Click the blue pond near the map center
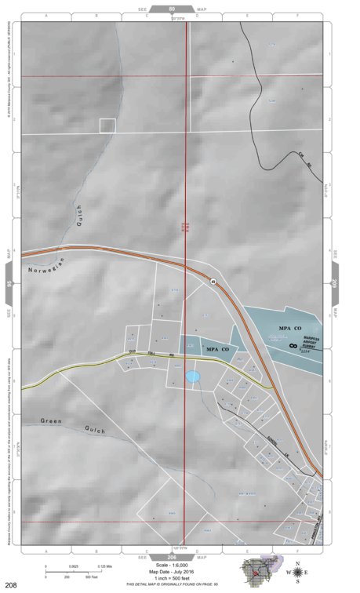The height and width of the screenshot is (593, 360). pyautogui.click(x=192, y=377)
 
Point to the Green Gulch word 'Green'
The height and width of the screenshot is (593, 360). pyautogui.click(x=51, y=421)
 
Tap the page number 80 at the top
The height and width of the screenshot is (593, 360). pyautogui.click(x=173, y=9)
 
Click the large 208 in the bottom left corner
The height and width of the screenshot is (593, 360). pyautogui.click(x=11, y=584)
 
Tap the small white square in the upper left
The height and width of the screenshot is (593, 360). pyautogui.click(x=107, y=125)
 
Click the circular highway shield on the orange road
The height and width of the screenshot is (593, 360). pyautogui.click(x=213, y=281)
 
